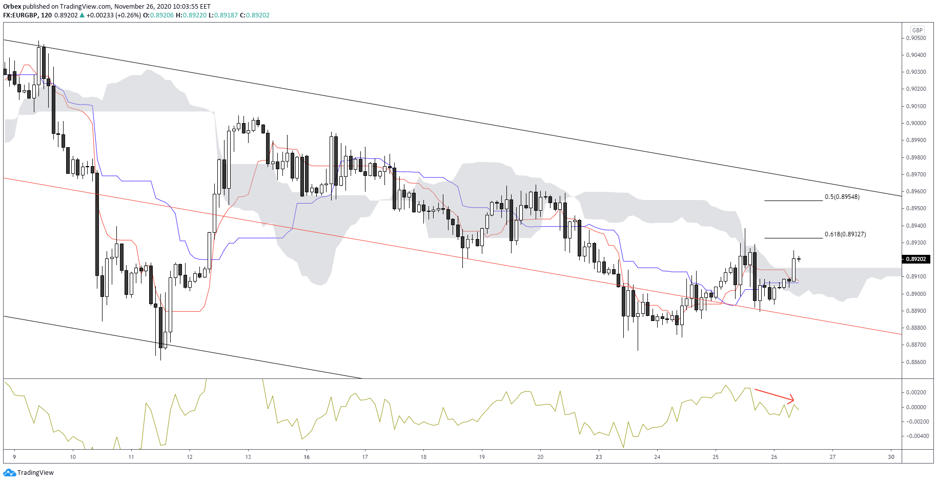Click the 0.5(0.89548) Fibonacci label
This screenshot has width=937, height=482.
point(842,197)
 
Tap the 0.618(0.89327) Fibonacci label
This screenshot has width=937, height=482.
point(845,234)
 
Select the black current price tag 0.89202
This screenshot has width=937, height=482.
point(916,259)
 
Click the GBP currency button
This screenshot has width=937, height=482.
point(917,30)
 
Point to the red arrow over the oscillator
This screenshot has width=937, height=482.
point(774,395)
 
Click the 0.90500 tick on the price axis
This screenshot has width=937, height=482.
point(916,38)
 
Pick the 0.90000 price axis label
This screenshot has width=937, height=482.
point(916,123)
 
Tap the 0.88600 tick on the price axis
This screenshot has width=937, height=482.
point(916,362)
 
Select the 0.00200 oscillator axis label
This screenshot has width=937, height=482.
point(917,392)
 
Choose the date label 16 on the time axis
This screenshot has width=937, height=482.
point(307,457)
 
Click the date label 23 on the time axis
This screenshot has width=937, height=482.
point(599,457)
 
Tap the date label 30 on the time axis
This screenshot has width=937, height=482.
point(891,457)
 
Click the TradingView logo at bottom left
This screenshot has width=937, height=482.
point(29,473)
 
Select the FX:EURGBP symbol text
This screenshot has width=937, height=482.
point(20,15)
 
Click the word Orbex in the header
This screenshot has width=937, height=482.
point(12,7)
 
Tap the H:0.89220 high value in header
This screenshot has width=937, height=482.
point(191,15)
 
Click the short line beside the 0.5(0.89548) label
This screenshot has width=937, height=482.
point(793,200)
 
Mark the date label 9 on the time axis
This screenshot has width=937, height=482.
point(14,457)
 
